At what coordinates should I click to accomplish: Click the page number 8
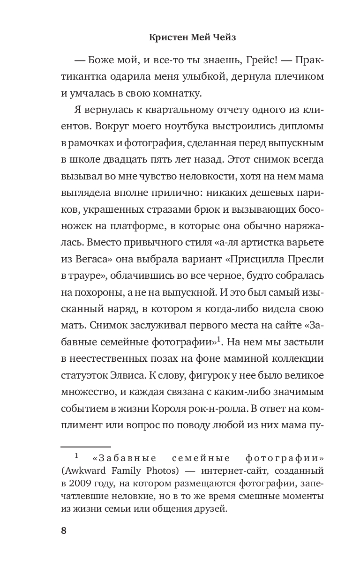tap(64, 530)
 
